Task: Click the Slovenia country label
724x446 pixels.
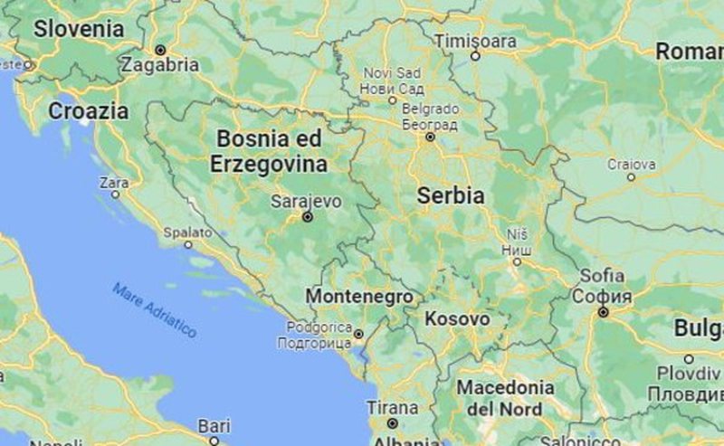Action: point(79,28)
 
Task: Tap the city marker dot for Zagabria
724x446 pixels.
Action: point(160,50)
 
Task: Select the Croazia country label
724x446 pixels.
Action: point(88,111)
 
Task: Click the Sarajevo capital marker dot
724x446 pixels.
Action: point(308,217)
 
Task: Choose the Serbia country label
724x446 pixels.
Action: point(450,195)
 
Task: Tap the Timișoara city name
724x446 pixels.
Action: point(475,42)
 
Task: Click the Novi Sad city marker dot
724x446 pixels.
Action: point(392,100)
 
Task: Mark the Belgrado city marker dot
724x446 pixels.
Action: point(430,138)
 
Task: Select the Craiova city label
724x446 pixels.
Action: point(631,164)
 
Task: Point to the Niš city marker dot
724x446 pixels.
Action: point(517,261)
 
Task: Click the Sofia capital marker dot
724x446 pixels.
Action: point(603,312)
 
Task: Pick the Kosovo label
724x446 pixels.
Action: point(457,319)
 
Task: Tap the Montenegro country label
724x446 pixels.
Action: point(359,297)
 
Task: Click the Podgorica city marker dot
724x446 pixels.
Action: point(358,334)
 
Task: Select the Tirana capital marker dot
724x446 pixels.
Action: point(392,422)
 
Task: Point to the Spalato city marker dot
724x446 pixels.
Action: point(188,244)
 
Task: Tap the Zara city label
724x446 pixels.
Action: point(114,182)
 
